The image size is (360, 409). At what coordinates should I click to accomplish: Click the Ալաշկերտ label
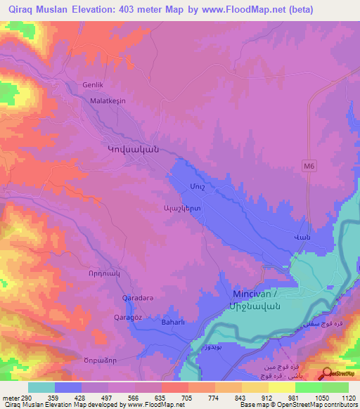182,209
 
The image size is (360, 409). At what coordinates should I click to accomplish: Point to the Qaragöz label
129,318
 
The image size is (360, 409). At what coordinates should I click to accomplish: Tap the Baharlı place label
173,323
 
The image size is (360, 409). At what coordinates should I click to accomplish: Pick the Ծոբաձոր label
98,353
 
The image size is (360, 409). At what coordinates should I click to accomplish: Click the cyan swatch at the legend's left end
41,387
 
